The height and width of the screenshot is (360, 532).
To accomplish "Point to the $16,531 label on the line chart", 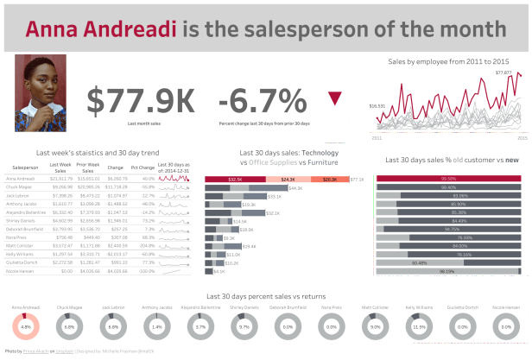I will coord(377,105).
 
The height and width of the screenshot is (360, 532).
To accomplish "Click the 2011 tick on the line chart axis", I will coord(377,137).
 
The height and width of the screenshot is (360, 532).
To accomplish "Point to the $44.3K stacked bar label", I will coord(294,187).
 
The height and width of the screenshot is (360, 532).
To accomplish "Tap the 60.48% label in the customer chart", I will coord(420,262).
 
